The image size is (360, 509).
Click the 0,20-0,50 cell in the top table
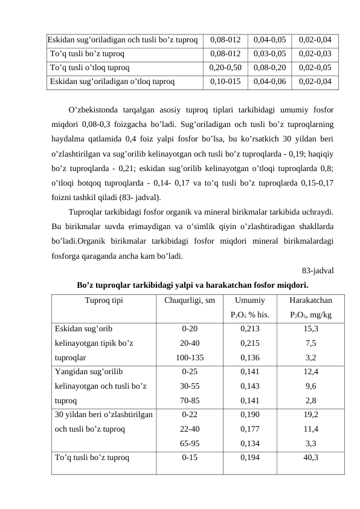pos(225,68)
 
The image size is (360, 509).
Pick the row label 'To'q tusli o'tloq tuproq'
pos(89,68)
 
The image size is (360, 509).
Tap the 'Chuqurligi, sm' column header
pos(190,300)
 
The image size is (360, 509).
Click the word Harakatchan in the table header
pos(310,300)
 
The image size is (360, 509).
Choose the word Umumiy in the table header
pos(249,300)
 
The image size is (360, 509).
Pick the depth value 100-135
pos(190,357)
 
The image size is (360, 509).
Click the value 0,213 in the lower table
pos(249,329)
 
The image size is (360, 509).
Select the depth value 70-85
pos(190,400)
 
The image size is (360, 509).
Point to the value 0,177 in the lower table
pos(249,429)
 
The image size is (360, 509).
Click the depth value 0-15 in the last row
pos(190,457)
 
